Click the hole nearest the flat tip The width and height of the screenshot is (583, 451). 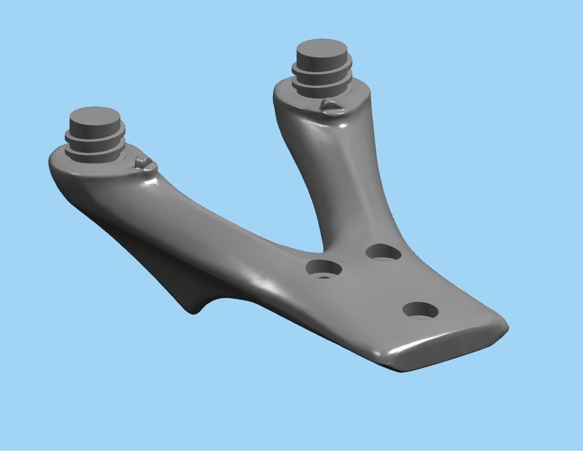(x=421, y=310)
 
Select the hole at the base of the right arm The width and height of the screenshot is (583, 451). (x=383, y=252)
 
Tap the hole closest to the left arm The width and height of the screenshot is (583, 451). (x=324, y=269)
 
